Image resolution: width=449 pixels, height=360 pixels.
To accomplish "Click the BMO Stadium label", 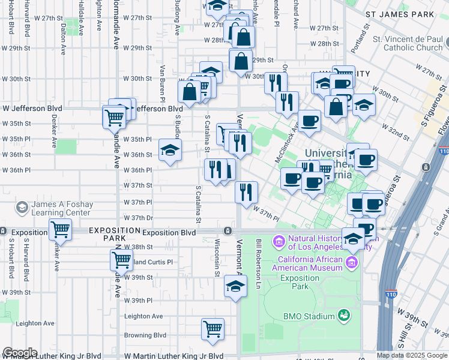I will [x=310, y=317].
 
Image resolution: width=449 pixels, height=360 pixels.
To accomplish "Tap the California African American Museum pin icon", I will [x=352, y=262].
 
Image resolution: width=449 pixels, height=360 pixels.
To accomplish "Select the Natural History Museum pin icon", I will [x=279, y=242].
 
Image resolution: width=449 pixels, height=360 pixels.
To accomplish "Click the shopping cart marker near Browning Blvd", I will [x=212, y=329].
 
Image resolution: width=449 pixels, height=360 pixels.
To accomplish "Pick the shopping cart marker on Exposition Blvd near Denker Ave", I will [x=60, y=230].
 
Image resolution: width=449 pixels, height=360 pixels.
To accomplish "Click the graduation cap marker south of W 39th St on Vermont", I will [x=235, y=286].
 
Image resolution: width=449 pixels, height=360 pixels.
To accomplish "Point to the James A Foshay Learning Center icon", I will [x=22, y=208].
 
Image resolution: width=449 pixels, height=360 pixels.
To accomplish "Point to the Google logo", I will [x=19, y=353].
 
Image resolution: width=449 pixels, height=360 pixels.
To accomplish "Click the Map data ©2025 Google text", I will [x=411, y=355].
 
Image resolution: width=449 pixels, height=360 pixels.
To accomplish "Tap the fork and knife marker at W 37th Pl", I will [x=246, y=192].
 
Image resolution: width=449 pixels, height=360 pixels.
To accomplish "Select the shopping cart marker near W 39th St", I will [x=121, y=260].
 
